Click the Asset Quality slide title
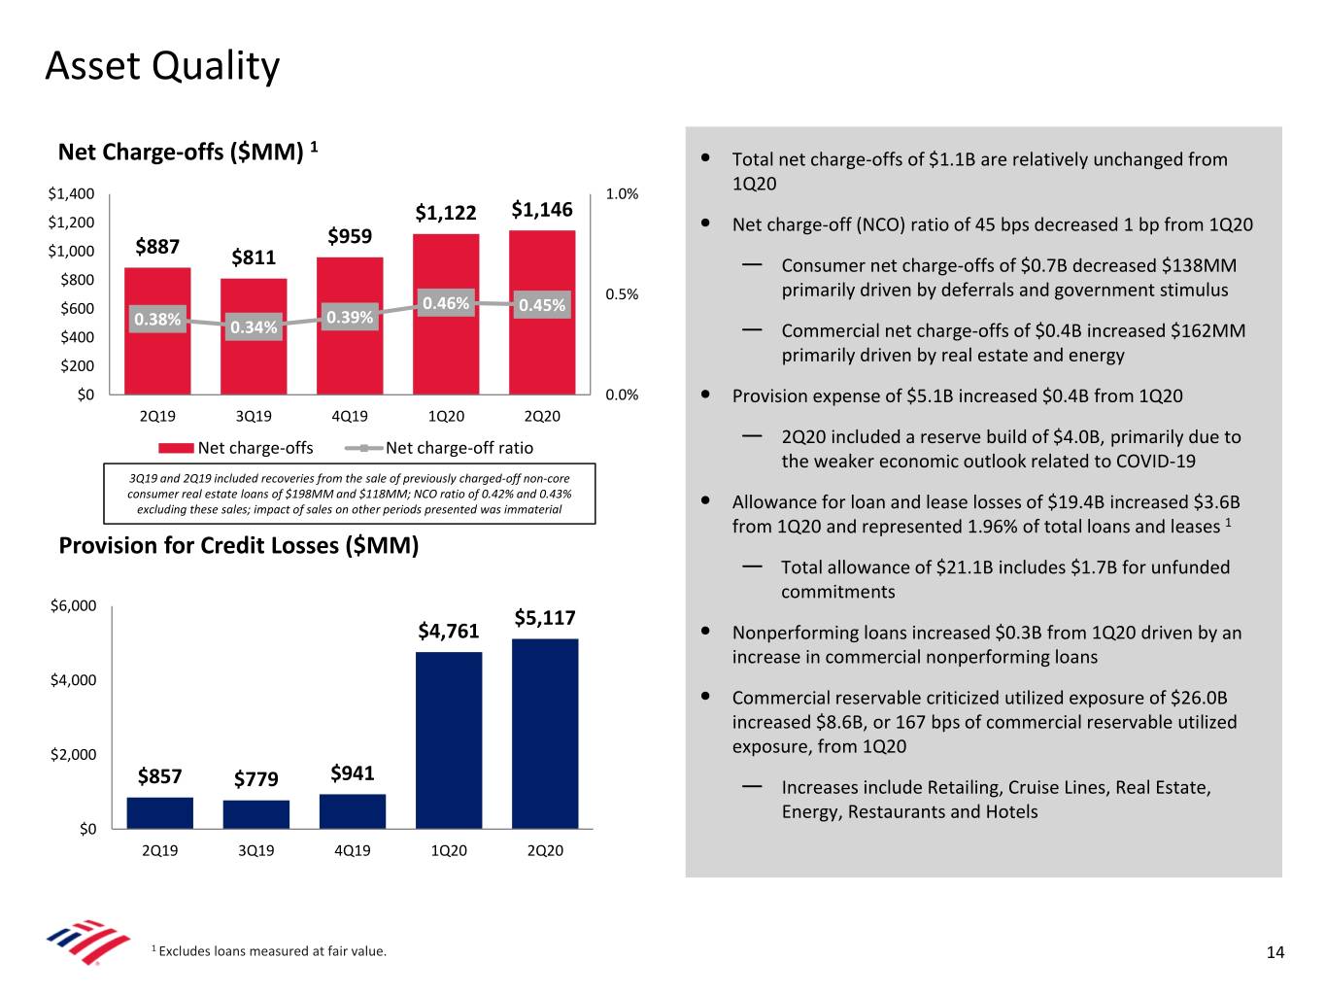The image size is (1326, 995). click(x=162, y=66)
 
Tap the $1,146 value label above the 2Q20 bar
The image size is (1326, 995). click(x=542, y=210)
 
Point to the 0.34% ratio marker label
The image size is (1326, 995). click(x=254, y=327)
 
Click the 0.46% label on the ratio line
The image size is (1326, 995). click(x=446, y=303)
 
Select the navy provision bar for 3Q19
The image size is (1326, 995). click(x=256, y=814)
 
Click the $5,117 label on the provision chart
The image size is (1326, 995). click(x=545, y=618)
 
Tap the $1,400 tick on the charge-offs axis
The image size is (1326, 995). click(x=72, y=194)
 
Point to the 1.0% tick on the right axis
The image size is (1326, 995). click(x=622, y=194)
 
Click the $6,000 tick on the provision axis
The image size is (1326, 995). click(x=74, y=606)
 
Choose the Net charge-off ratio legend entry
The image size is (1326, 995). click(x=459, y=448)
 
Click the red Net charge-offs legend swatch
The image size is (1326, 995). click(x=176, y=448)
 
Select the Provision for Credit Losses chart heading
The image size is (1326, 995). click(x=239, y=545)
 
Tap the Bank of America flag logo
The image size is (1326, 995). click(x=87, y=941)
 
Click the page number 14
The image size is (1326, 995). click(x=1275, y=952)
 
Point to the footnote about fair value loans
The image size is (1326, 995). click(x=270, y=951)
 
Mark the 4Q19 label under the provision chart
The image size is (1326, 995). click(x=352, y=850)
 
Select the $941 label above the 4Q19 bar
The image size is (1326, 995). click(x=353, y=773)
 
